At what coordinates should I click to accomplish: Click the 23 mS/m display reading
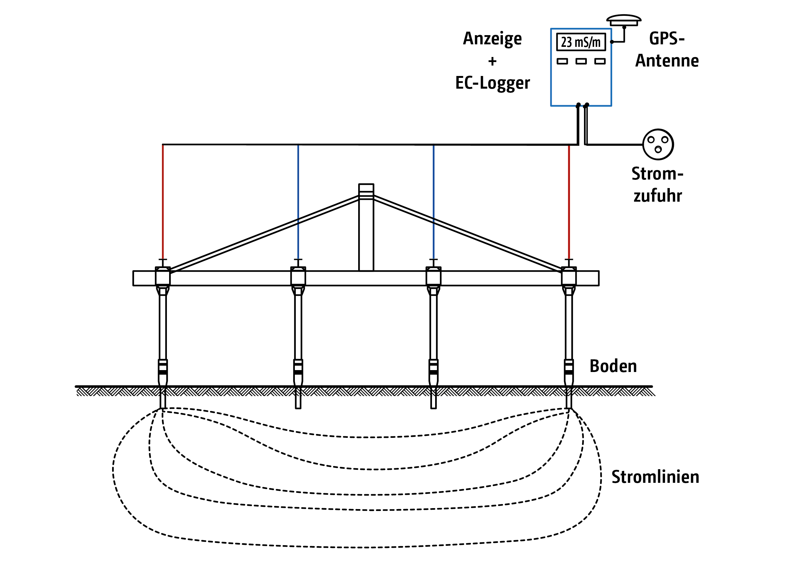(x=580, y=42)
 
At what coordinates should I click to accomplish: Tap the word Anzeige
(x=492, y=39)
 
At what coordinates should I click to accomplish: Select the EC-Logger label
(x=492, y=83)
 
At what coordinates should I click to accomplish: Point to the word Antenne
(x=667, y=61)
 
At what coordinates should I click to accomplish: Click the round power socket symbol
(x=657, y=144)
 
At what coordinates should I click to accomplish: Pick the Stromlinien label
(x=655, y=477)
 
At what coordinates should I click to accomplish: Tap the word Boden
(x=613, y=366)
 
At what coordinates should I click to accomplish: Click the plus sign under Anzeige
(x=492, y=61)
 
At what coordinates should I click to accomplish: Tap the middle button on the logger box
(x=581, y=61)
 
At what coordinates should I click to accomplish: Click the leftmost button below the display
(x=562, y=61)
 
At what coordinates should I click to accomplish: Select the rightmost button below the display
(x=600, y=61)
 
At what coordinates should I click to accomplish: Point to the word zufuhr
(x=657, y=196)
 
